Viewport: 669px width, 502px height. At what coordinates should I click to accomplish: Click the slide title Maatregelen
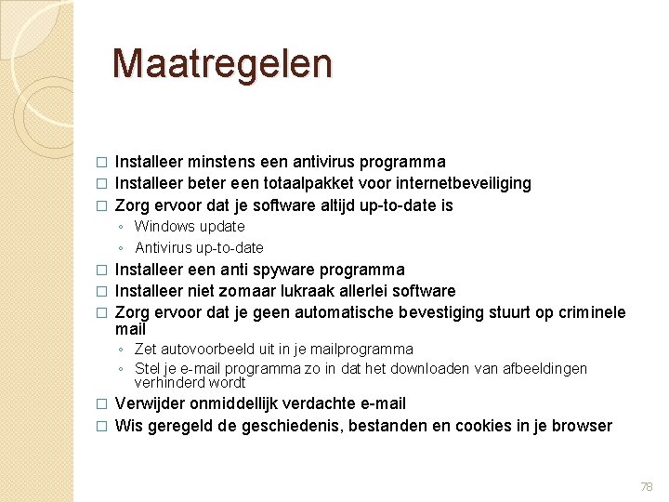click(221, 63)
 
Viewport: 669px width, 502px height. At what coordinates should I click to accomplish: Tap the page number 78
click(647, 486)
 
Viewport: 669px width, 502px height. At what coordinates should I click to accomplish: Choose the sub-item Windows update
click(190, 226)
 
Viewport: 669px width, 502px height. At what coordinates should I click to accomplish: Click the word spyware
click(283, 270)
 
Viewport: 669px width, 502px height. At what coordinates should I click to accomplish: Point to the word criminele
click(593, 312)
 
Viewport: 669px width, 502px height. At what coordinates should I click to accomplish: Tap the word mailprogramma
click(359, 349)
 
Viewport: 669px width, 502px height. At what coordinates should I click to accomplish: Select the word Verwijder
click(148, 403)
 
